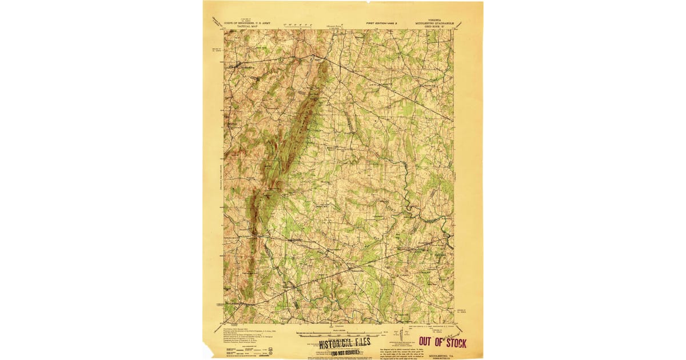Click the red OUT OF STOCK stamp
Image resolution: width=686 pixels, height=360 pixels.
pos(442,342)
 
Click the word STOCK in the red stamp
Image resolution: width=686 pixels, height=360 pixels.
pos(453,343)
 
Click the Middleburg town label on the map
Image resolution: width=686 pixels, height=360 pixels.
pos(245,66)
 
